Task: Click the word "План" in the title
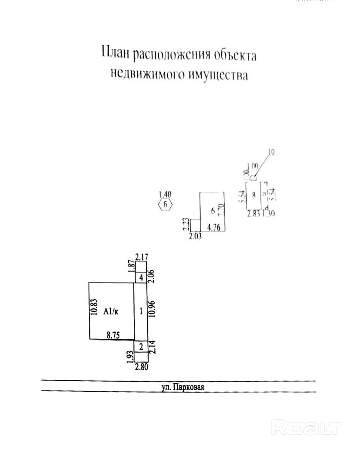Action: click(x=114, y=53)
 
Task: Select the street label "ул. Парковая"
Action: click(x=179, y=388)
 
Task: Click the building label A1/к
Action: click(x=111, y=311)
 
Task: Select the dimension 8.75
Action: click(x=113, y=333)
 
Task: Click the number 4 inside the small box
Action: click(x=141, y=277)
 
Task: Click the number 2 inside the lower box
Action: click(x=141, y=346)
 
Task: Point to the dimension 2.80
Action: click(x=142, y=367)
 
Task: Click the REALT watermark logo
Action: click(x=306, y=427)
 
